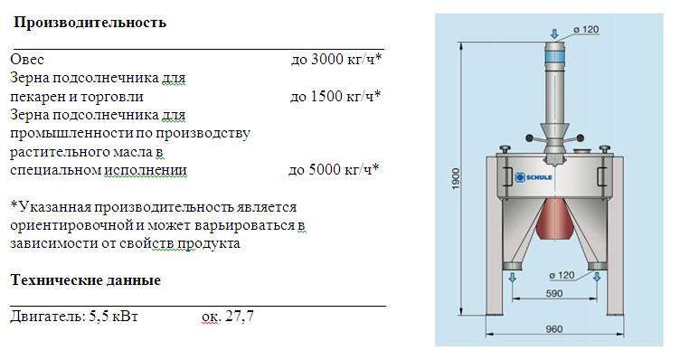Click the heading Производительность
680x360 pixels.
[90, 22]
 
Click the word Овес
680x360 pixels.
[27, 60]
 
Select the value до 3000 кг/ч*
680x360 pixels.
[336, 59]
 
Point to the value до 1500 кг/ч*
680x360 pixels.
[335, 96]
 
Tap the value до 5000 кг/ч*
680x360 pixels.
[334, 169]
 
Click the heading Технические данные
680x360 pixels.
[85, 280]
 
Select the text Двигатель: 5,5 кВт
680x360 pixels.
[74, 317]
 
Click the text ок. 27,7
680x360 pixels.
[228, 317]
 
